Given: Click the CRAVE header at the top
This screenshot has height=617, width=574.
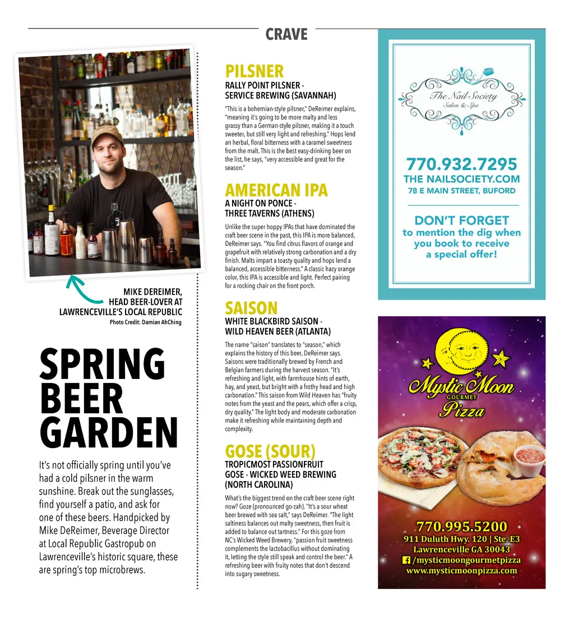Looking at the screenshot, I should (286, 34).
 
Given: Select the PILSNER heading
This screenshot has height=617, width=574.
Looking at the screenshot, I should (254, 71).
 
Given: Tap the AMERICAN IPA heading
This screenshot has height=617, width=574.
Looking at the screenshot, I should (276, 190).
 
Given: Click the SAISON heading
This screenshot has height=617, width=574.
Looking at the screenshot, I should (251, 308).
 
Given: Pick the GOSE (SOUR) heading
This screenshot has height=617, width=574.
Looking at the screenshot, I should (270, 451).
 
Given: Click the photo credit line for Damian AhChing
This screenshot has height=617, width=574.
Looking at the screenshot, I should (145, 322).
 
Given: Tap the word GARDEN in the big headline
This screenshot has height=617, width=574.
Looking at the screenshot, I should (109, 433).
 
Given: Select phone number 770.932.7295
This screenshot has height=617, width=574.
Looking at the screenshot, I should (461, 164).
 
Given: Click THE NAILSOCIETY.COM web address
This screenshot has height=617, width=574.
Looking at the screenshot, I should (461, 179).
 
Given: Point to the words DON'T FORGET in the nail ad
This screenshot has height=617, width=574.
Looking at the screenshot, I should (461, 221).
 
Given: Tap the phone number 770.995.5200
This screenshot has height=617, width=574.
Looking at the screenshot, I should (461, 527).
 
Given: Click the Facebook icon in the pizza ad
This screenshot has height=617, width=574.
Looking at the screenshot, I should (406, 560).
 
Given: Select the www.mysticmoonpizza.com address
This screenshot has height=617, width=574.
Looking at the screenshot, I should (461, 570).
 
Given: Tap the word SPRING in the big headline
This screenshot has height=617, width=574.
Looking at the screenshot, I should (103, 364).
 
